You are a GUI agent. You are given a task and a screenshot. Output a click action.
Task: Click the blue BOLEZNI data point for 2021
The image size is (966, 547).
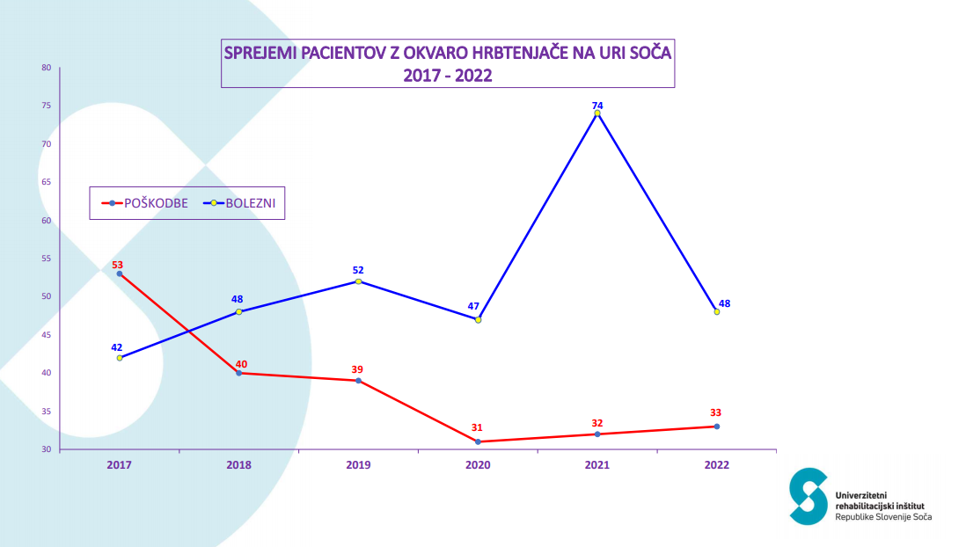click(597, 113)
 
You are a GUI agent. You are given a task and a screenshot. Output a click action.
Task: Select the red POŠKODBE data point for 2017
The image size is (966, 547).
click(120, 273)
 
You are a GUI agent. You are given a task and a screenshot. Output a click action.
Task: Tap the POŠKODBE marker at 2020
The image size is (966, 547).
click(478, 441)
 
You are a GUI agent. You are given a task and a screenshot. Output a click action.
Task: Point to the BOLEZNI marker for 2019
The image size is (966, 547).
click(358, 281)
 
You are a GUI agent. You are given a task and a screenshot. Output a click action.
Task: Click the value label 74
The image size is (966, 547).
click(597, 105)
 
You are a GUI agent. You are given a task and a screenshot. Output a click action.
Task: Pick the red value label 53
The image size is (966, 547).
click(117, 264)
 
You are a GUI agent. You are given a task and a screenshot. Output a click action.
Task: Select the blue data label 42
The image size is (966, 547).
click(117, 347)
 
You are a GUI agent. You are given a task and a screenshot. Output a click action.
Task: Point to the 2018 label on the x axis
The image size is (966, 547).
click(238, 464)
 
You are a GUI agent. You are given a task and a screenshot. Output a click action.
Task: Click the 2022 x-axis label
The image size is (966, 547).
click(717, 464)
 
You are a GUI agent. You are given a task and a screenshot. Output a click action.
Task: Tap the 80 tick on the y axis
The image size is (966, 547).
click(47, 67)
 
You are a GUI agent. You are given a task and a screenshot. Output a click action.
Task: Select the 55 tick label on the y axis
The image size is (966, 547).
click(47, 259)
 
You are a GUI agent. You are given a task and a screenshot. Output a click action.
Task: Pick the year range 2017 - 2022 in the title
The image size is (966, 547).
click(447, 76)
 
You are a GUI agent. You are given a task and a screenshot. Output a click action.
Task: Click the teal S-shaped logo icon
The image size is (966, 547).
click(808, 497)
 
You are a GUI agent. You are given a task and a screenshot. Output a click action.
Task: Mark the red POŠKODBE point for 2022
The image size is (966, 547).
click(717, 427)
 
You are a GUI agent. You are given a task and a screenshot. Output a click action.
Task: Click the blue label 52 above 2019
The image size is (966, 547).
click(358, 270)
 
